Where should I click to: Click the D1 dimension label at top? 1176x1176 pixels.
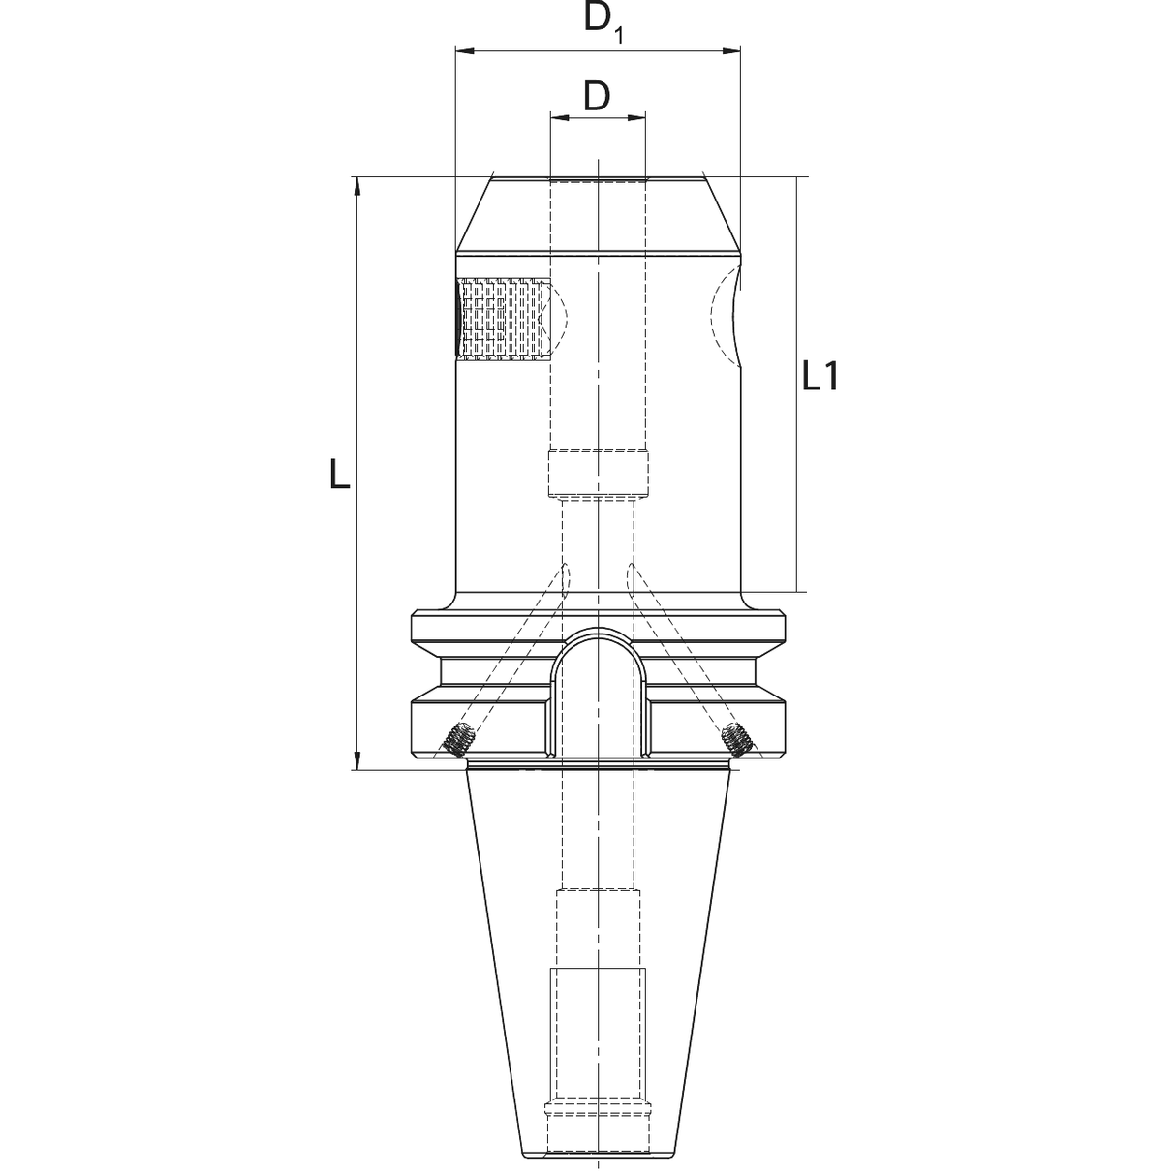(603, 21)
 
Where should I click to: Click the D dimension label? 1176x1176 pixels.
(597, 97)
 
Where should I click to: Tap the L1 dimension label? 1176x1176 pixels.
(820, 376)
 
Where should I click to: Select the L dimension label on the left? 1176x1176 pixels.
(340, 475)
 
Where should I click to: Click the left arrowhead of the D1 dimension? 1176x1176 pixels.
(466, 51)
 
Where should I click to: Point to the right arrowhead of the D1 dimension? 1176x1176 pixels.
(730, 51)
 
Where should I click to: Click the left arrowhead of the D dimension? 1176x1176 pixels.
(560, 117)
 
